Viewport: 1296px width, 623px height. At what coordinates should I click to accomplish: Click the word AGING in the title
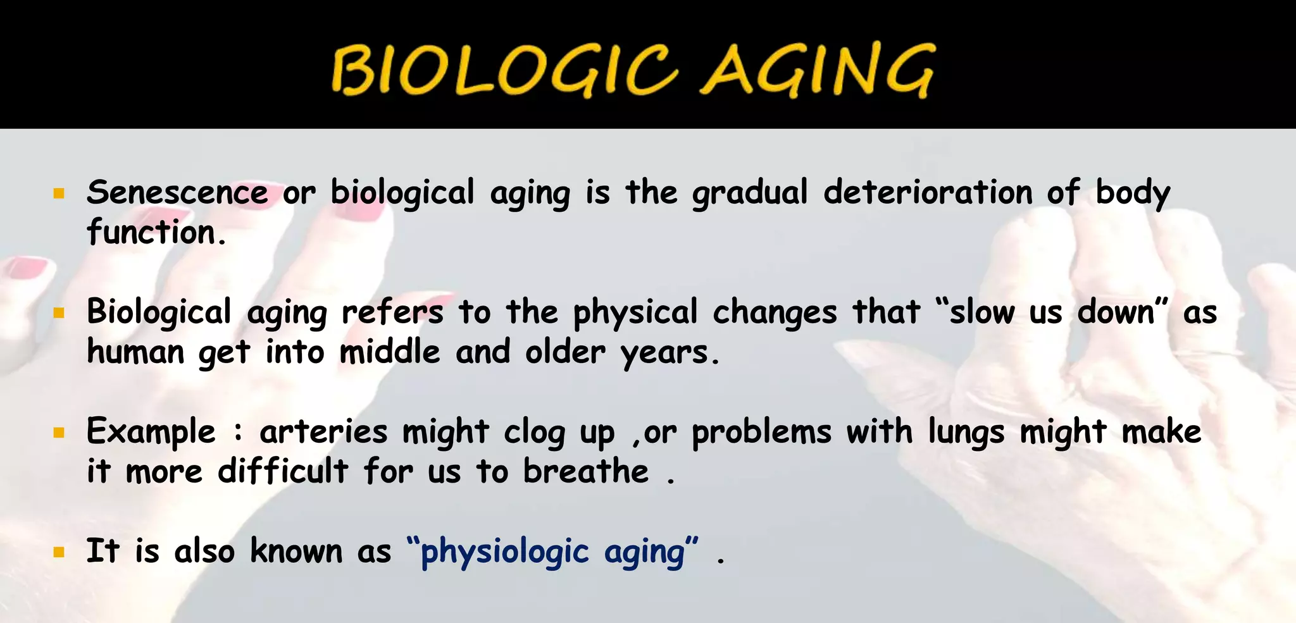[x=817, y=70]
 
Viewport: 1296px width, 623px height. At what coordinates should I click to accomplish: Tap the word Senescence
[x=177, y=192]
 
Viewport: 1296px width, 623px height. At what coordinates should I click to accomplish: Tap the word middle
[x=389, y=352]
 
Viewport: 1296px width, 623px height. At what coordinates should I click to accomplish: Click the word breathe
[x=585, y=471]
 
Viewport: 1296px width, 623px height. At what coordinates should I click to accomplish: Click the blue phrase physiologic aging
[x=552, y=552]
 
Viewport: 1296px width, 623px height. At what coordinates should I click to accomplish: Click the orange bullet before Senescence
[x=59, y=194]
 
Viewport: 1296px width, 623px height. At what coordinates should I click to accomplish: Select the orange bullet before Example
[x=59, y=433]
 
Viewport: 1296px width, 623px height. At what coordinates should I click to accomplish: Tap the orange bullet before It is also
[x=59, y=552]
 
